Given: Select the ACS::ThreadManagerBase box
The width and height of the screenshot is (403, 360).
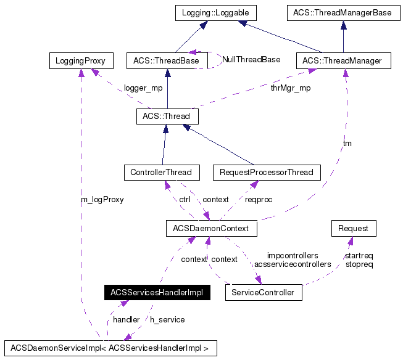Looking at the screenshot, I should pos(343,12).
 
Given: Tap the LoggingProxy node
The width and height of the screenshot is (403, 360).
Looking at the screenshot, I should pos(80,60).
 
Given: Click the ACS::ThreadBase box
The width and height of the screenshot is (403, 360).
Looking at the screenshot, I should pos(166,60).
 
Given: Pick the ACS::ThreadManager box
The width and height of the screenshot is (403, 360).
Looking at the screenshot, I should pos(343,60).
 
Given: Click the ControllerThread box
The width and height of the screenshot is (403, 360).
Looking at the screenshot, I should pos(161,172).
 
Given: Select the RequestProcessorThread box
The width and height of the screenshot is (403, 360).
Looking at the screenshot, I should pos(267,172).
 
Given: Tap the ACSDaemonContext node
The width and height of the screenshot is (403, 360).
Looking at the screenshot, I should pos(211,228).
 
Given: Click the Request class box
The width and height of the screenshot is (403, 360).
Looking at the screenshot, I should pos(354,228).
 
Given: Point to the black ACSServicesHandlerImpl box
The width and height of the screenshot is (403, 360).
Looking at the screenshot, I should pos(157,292).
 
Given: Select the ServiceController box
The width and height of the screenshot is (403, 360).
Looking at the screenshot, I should pos(264,292).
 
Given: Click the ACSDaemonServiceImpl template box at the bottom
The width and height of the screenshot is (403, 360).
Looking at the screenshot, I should pos(110,348).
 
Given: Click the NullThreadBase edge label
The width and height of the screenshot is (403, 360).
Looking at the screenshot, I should pos(251,60).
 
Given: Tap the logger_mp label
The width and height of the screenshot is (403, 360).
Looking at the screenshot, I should pos(143,88).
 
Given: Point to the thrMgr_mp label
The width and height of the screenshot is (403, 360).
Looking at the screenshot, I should pos(291,88).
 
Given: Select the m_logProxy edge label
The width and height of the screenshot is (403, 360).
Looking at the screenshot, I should pos(102,200).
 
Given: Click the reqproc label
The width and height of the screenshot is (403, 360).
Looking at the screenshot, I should pos(259,200).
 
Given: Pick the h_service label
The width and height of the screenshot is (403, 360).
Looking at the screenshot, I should pos(167,319).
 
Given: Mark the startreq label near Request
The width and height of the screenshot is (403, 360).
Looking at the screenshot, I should pos(359,255).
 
